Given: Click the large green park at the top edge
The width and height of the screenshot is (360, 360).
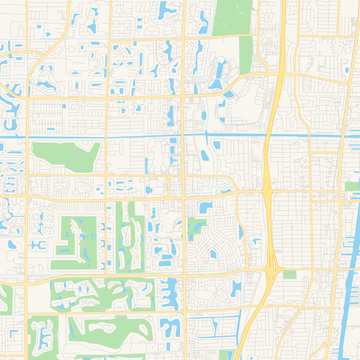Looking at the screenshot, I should coord(232,14).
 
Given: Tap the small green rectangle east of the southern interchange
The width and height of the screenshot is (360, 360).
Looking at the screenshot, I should coord(290,273).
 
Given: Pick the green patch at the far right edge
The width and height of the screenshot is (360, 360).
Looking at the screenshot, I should coord(352,185).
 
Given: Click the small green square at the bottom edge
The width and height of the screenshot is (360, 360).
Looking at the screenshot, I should coord(213,353).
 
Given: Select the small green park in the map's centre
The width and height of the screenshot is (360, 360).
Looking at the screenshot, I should coord(195,228).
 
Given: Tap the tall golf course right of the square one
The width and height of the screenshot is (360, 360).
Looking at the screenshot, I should coord(127,235).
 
